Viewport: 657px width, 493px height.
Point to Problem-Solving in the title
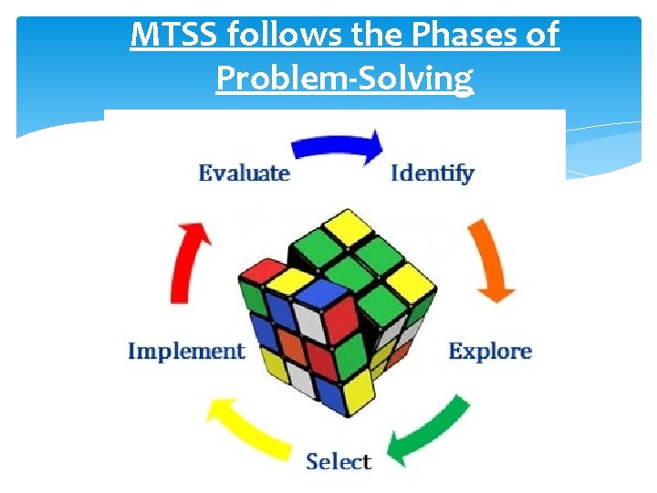click(x=344, y=79)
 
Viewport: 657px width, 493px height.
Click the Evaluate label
click(x=244, y=173)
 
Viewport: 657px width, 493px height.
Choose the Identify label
click(x=433, y=173)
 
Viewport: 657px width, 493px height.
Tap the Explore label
click(x=490, y=351)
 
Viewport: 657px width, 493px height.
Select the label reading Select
click(x=339, y=461)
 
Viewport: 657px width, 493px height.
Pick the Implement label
click(x=187, y=351)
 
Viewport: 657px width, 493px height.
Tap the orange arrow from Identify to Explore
click(x=493, y=261)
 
